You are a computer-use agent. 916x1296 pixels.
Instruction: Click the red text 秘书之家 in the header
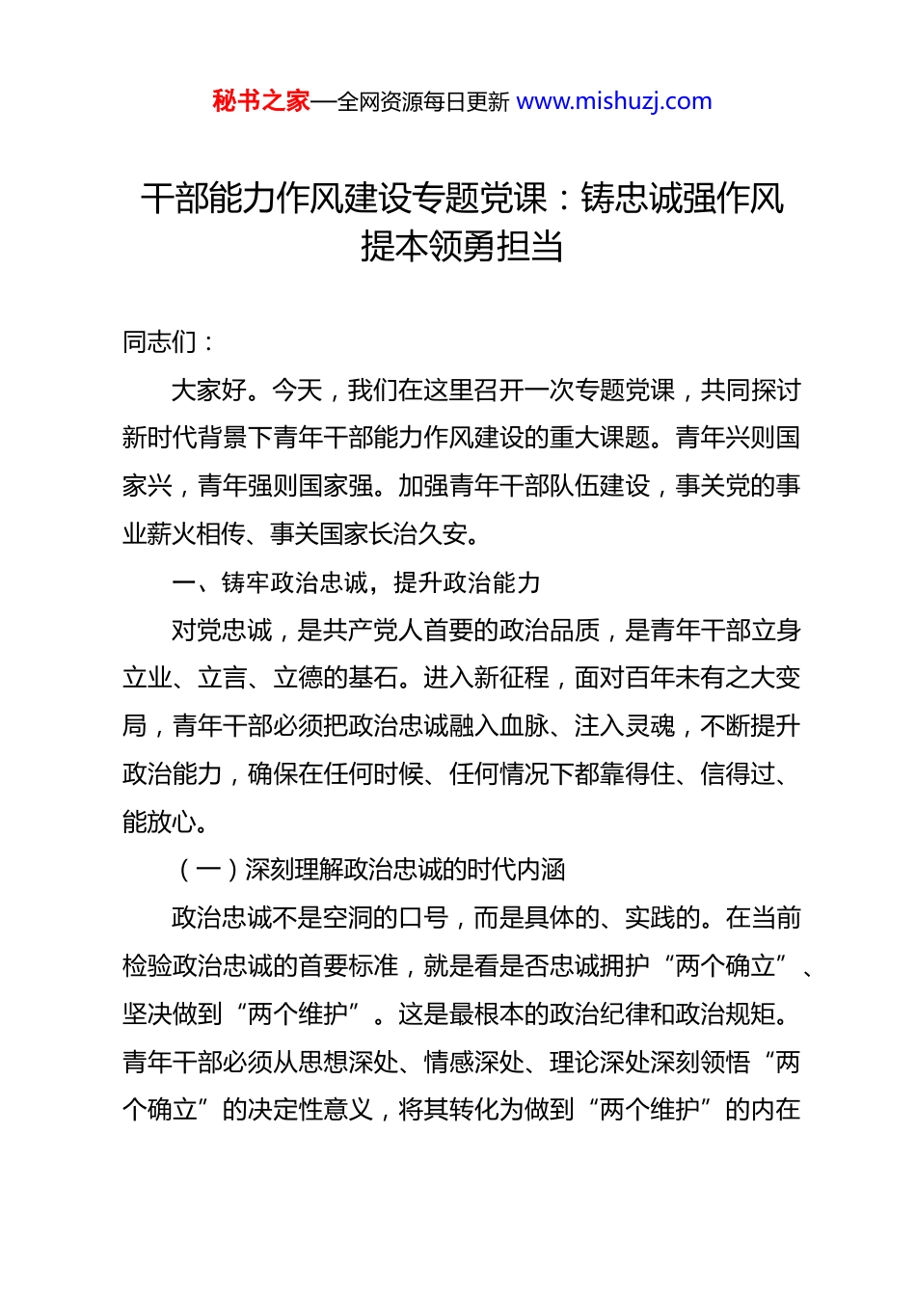coord(261,101)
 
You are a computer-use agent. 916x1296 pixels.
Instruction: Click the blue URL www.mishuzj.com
coord(614,101)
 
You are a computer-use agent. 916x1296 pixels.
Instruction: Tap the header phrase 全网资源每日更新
coord(422,101)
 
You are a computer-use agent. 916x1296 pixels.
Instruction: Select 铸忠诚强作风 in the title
coord(683,199)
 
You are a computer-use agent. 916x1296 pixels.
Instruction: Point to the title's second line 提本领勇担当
coord(462,247)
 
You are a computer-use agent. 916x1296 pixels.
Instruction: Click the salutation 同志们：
coord(170,342)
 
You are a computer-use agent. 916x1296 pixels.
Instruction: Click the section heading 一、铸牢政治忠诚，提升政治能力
coord(356,582)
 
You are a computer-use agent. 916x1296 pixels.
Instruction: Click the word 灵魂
coord(649,726)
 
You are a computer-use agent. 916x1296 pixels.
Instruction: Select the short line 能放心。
coord(165,823)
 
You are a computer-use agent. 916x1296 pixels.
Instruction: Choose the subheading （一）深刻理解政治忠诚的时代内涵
coord(369,870)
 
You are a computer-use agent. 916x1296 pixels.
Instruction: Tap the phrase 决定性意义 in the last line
coord(311,1110)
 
